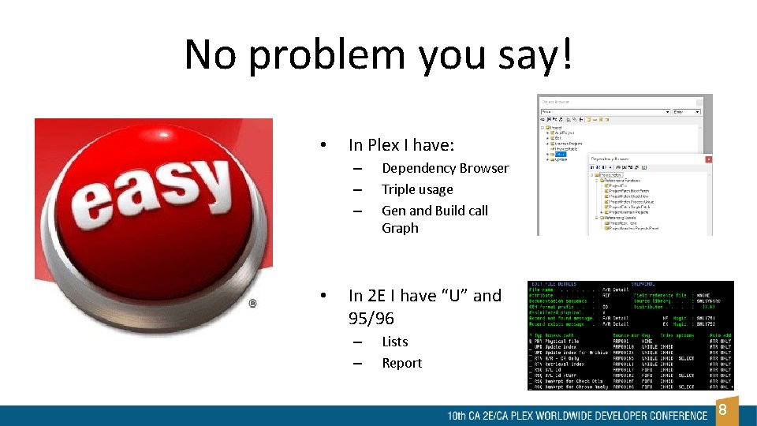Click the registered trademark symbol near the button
[252, 303]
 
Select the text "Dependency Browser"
[445, 168]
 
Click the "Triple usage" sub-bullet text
[417, 189]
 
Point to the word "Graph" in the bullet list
[400, 228]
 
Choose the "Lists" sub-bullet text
[394, 342]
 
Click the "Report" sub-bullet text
[401, 363]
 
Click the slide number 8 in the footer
[722, 410]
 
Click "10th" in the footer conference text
[457, 416]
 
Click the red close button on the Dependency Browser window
[708, 159]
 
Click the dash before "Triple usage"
[356, 190]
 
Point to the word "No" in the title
[209, 54]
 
